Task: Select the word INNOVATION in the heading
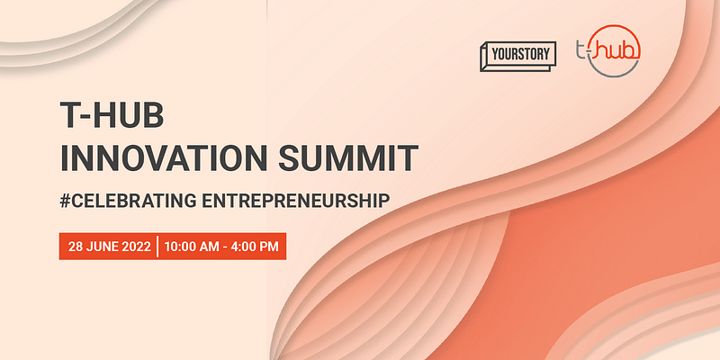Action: point(154,158)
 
